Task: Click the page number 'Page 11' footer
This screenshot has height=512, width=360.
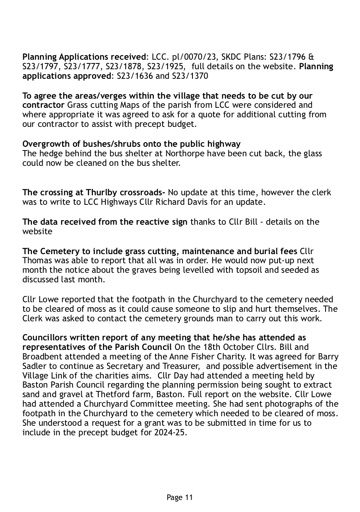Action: (x=180, y=497)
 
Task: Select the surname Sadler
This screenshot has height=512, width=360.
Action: (x=34, y=366)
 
